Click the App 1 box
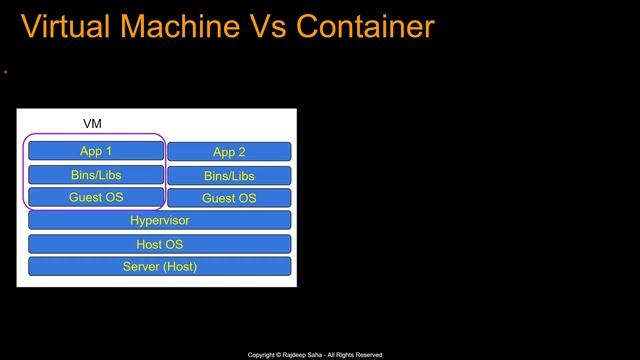tap(95, 151)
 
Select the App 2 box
tap(229, 152)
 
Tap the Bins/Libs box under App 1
tap(95, 175)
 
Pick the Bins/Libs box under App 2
tap(229, 176)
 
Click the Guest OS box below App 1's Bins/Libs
tap(95, 197)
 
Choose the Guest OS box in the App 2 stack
tap(229, 198)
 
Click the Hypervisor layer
tap(159, 220)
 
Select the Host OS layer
tap(159, 244)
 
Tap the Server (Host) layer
tap(159, 266)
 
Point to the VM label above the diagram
tap(92, 124)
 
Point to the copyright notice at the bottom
tap(315, 355)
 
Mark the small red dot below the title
tap(6, 72)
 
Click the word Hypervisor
tap(159, 220)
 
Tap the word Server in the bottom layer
tap(141, 266)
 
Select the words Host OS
tap(159, 244)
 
